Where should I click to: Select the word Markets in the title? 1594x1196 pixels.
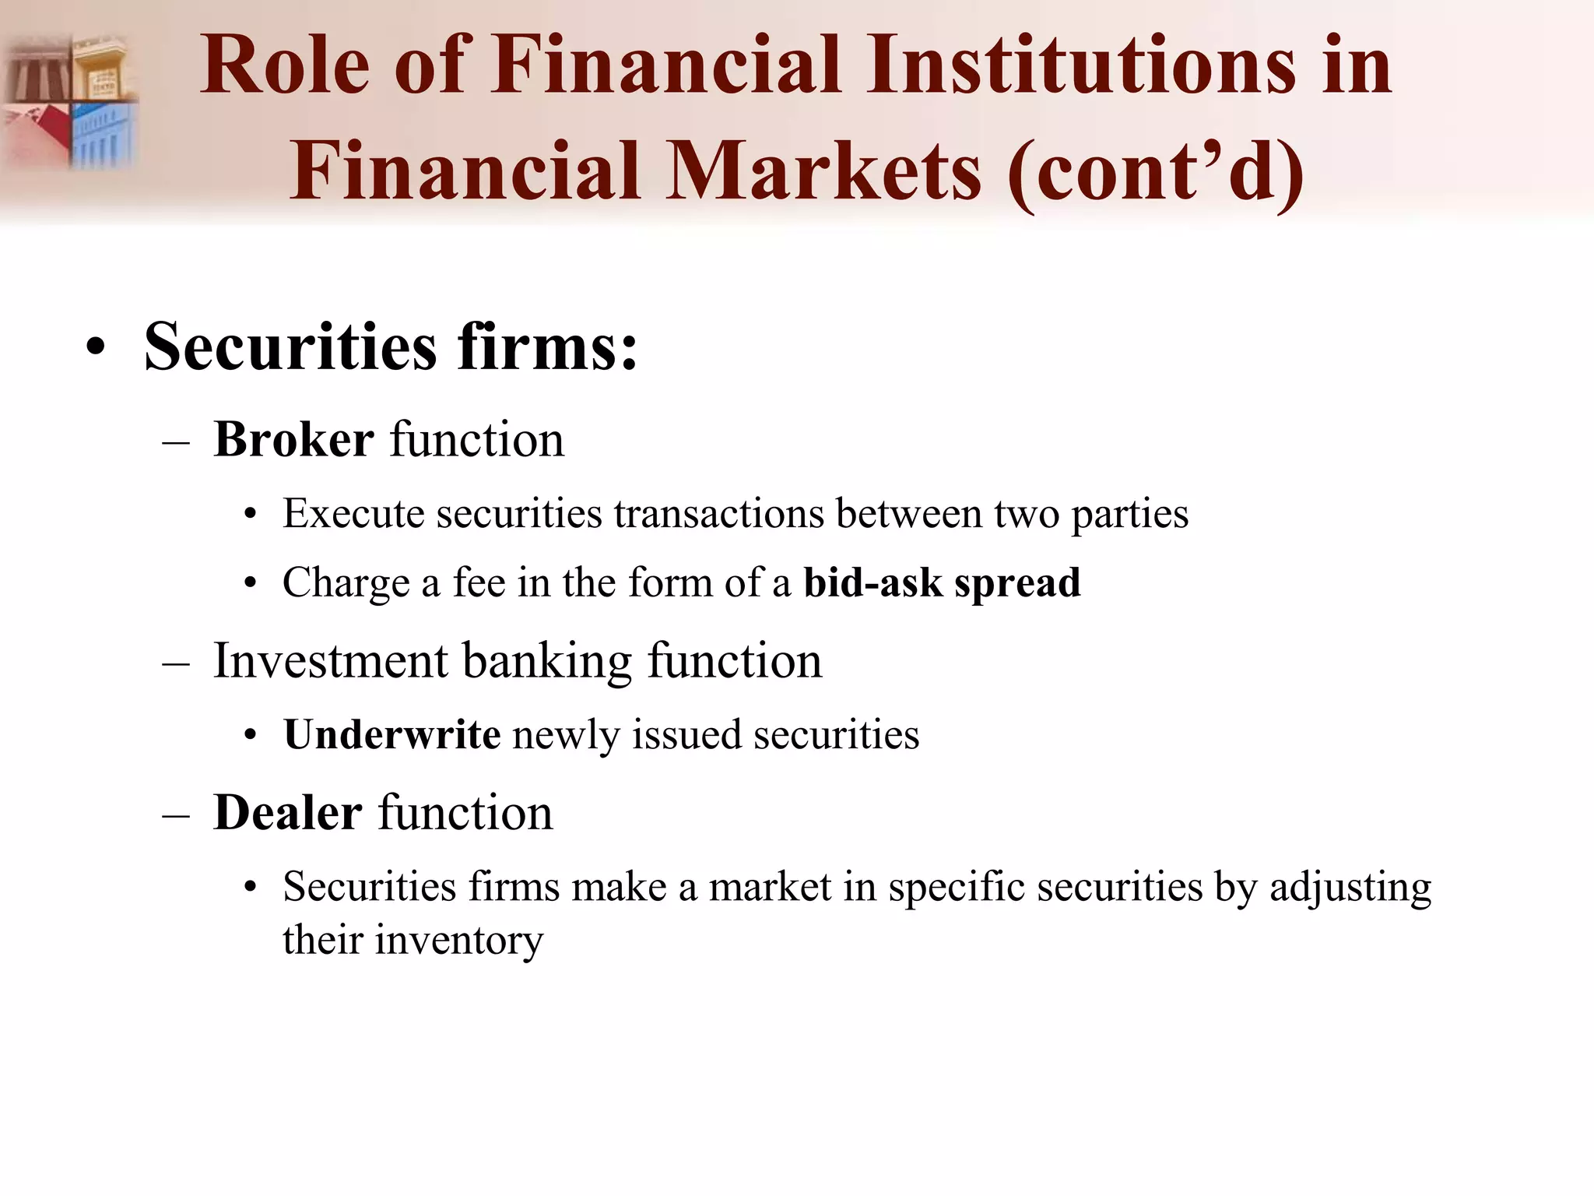point(824,171)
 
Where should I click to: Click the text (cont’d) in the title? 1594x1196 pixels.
point(1155,171)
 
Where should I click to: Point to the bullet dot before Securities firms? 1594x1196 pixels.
point(95,347)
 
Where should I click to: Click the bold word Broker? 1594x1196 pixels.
point(293,439)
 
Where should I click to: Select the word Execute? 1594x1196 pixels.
point(353,514)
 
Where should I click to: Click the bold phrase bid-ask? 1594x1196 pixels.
point(872,583)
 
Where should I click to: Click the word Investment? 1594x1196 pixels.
point(330,661)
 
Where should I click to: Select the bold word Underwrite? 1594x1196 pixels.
point(391,734)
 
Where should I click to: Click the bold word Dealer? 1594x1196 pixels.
point(287,813)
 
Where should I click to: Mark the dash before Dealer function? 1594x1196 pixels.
point(177,814)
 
